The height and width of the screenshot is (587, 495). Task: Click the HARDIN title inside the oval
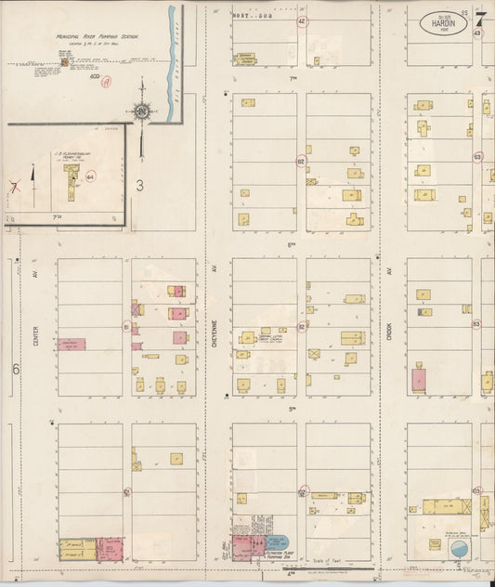click(443, 23)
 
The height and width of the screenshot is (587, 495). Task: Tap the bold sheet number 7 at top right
click(480, 17)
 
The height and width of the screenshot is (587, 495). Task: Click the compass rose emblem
click(141, 113)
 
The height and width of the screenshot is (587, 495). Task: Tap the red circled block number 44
click(90, 175)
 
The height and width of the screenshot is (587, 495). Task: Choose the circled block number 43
click(477, 33)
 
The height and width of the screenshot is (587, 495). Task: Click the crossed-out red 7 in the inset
click(14, 185)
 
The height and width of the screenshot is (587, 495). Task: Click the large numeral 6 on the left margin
click(16, 369)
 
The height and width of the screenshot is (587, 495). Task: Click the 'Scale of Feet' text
click(330, 561)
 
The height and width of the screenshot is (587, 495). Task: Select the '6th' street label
click(291, 244)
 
